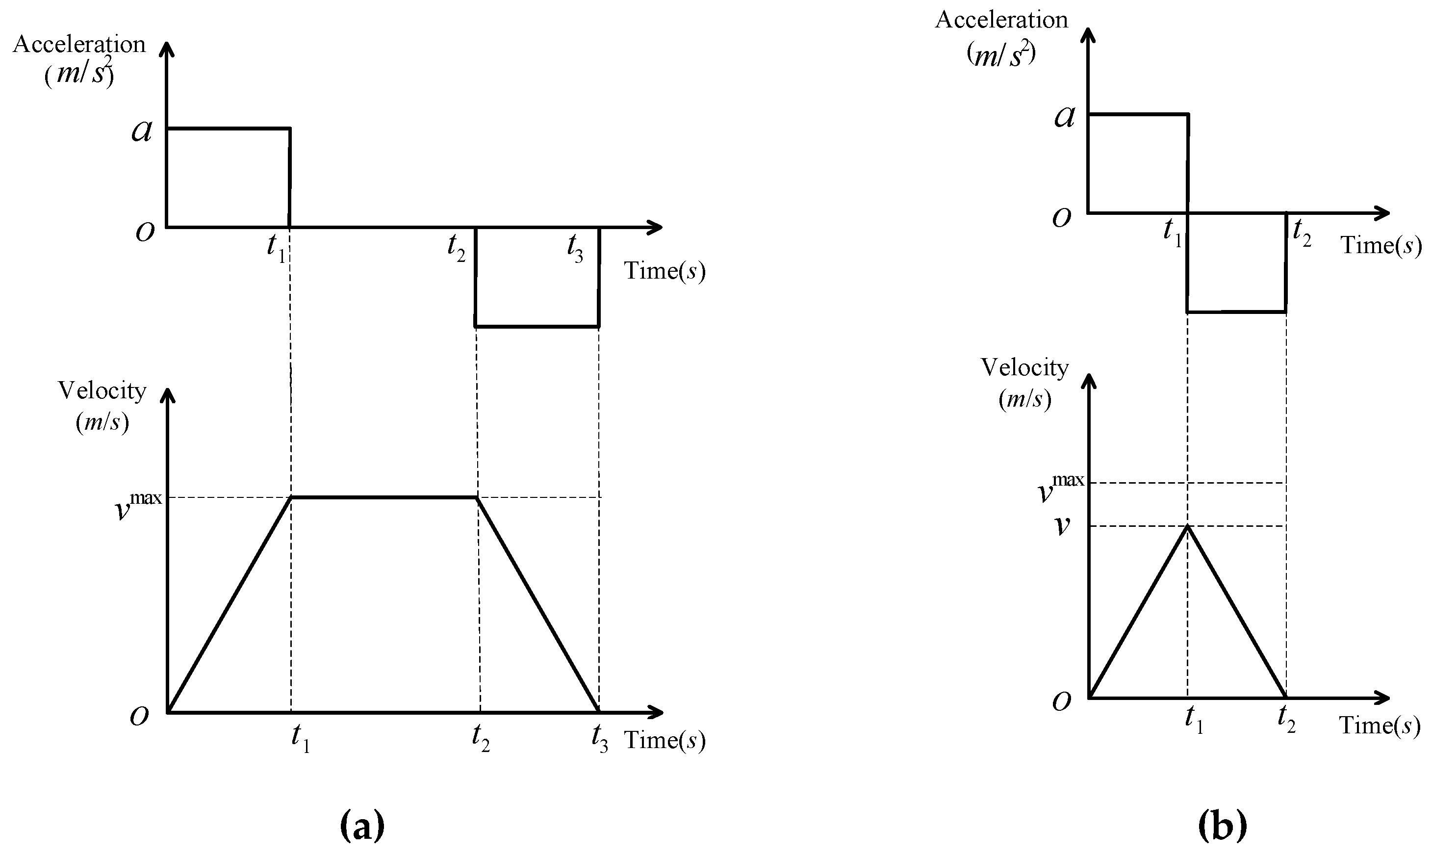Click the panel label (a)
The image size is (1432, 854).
click(362, 827)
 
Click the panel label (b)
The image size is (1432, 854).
click(1222, 827)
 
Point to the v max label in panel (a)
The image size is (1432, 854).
click(139, 504)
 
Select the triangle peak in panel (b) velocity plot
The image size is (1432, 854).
click(1187, 526)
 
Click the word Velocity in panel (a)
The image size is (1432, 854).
click(102, 391)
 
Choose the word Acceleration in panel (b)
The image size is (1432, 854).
click(1001, 21)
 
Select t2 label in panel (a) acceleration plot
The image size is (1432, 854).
click(456, 249)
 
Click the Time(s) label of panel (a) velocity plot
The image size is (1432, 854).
click(665, 740)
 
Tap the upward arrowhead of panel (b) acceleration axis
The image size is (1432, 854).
click(1088, 36)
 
